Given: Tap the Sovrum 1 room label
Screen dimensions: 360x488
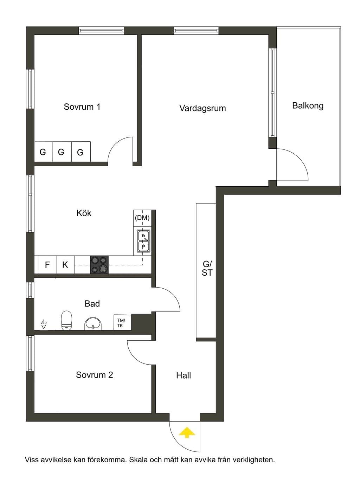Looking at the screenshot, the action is point(82,107).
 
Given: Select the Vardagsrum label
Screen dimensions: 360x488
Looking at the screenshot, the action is point(202,108).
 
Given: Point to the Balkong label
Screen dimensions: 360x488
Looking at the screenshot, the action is point(308,106).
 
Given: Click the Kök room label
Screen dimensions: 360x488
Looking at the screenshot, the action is point(84,213).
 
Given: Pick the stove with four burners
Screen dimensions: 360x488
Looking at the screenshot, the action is point(99,264).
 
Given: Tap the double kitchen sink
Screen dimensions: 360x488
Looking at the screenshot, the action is point(143,241).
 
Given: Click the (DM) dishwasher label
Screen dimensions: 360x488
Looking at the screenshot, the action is point(142,218).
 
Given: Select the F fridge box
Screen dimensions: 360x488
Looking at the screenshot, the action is point(47,265).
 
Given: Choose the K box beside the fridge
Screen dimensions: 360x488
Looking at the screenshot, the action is point(65,265).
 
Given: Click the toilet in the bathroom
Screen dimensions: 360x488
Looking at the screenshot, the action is point(66,320).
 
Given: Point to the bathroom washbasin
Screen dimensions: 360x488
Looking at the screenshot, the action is point(93,323).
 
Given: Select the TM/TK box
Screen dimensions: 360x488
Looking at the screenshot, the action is point(122,322).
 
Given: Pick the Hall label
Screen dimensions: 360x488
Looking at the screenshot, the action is point(183,375).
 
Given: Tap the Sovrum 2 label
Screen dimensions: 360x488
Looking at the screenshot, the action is point(95,375).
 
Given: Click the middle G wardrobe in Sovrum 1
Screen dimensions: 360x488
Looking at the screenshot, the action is point(61,152).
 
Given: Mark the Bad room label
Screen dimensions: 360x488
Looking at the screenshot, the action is point(92,304).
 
